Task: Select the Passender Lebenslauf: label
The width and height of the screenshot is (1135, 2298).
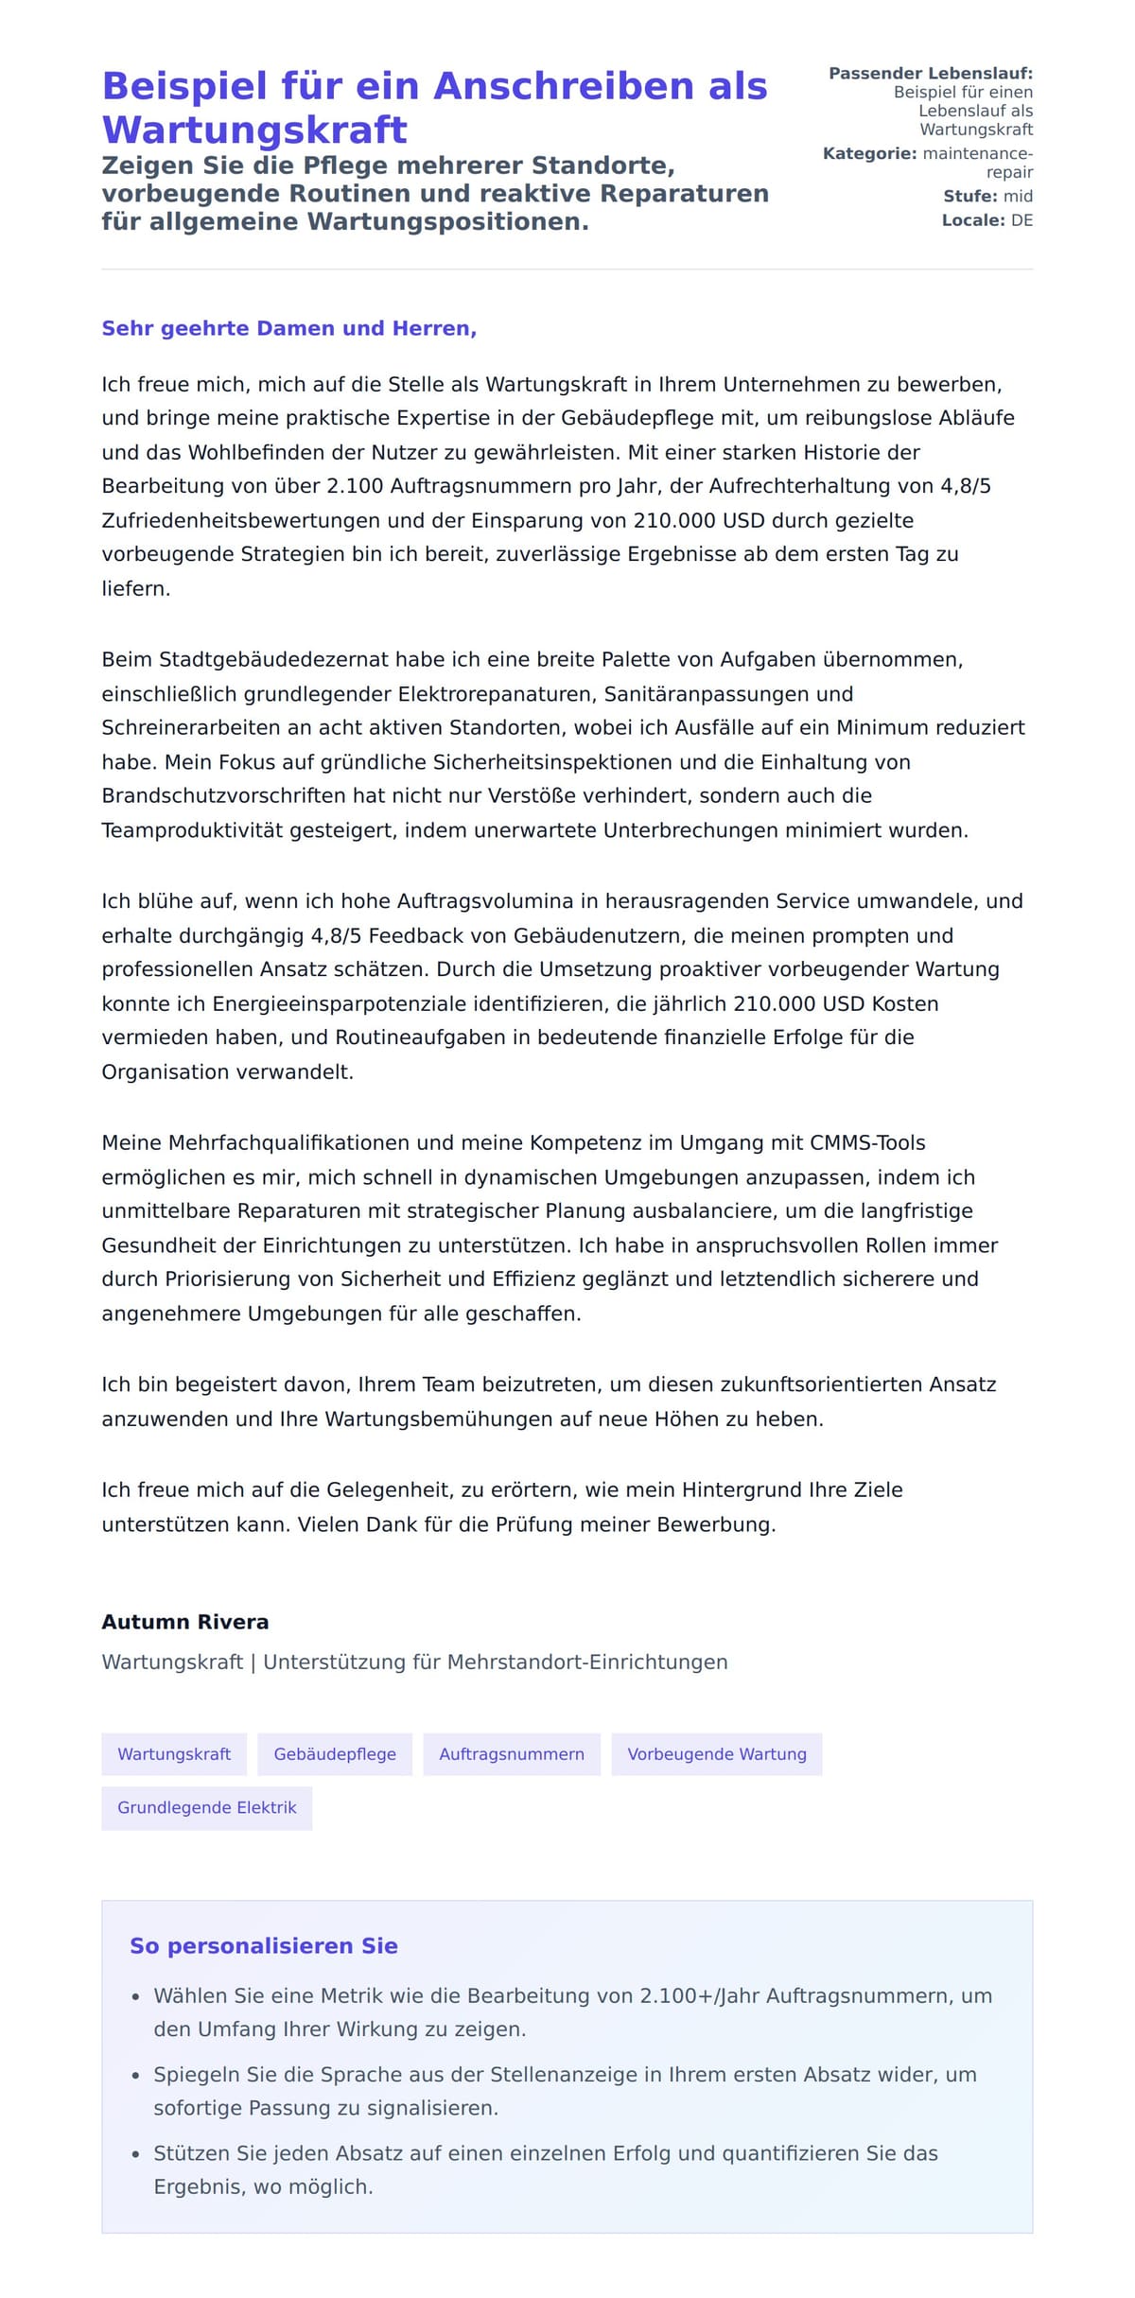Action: click(x=930, y=73)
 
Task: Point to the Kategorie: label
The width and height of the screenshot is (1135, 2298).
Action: click(x=869, y=153)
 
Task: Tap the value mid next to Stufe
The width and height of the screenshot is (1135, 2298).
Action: click(x=1018, y=196)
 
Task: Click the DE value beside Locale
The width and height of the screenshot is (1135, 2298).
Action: click(x=1021, y=220)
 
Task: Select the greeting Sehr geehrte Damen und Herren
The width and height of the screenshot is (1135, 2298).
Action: click(x=288, y=328)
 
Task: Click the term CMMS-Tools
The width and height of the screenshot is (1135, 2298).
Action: click(x=867, y=1142)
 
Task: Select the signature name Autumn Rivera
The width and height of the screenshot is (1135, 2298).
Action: click(x=185, y=1622)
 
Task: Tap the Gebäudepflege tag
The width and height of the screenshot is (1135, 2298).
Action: click(x=335, y=1754)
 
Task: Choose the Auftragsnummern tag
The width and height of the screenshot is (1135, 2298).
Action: click(x=512, y=1754)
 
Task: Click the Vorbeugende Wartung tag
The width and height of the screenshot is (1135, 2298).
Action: click(x=717, y=1754)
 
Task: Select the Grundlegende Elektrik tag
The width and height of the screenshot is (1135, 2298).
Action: click(x=207, y=1807)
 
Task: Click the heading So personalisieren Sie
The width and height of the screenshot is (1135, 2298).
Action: click(x=264, y=1945)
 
